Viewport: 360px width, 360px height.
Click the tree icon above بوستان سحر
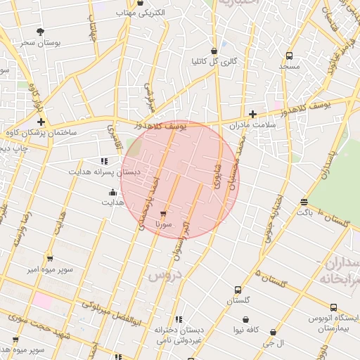[x=40, y=32]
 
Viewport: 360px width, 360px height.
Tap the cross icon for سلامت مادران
[x=252, y=114]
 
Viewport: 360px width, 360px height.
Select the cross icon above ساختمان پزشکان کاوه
[x=41, y=122]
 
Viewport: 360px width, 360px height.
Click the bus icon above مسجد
[x=289, y=56]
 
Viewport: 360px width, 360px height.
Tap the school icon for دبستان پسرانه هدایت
[x=104, y=161]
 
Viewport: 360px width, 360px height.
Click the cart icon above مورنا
[x=164, y=213]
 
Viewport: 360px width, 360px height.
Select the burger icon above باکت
[x=304, y=202]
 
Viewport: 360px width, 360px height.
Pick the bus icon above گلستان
[x=237, y=290]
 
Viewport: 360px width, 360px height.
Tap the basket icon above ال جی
[x=273, y=333]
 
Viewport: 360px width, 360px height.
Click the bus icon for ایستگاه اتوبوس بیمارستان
[x=333, y=307]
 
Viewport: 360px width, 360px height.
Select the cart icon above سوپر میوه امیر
[x=49, y=259]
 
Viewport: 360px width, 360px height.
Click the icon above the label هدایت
[x=112, y=193]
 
